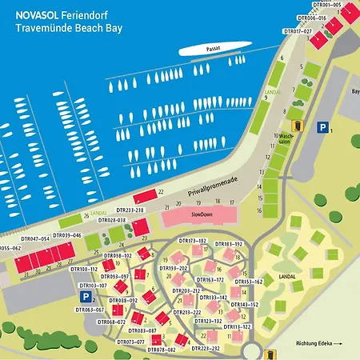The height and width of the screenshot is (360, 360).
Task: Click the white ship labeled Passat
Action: pyautogui.click(x=210, y=50)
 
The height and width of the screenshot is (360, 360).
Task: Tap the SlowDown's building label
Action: pyautogui.click(x=200, y=215)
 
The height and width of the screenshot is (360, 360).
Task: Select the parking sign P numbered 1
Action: pyautogui.click(x=322, y=126)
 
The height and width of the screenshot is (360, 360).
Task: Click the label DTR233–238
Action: pyautogui.click(x=151, y=210)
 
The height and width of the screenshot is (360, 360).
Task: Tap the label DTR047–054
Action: pyautogui.click(x=35, y=238)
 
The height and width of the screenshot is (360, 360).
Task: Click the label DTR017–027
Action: pyautogui.click(x=298, y=31)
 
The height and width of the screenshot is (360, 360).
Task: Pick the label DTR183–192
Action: pyautogui.click(x=228, y=243)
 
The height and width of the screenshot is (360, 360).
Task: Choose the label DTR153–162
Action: pyautogui.click(x=248, y=282)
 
